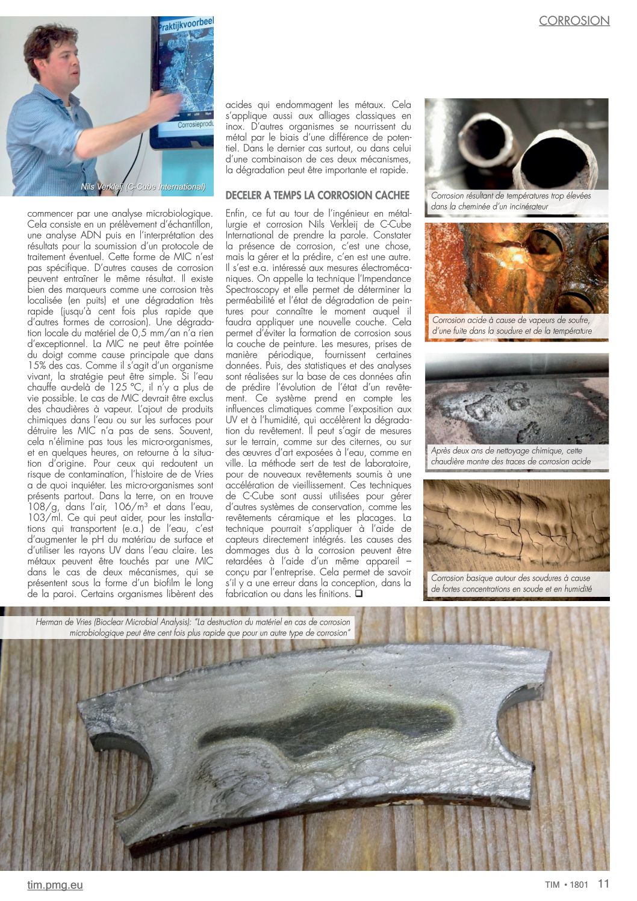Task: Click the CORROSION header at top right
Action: tap(574, 20)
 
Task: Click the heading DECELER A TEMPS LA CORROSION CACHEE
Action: tap(317, 195)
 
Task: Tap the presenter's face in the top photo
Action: tap(60, 60)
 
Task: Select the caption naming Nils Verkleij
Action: tap(143, 187)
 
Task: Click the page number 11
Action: tap(603, 884)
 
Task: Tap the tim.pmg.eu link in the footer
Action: tap(55, 885)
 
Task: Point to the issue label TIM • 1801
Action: tap(562, 885)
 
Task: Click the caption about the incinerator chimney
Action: tap(511, 201)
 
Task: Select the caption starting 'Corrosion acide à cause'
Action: tap(511, 325)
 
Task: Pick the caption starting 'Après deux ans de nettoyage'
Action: tap(511, 456)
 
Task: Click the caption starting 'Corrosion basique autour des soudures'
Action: tap(511, 583)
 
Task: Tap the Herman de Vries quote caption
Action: tap(193, 627)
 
